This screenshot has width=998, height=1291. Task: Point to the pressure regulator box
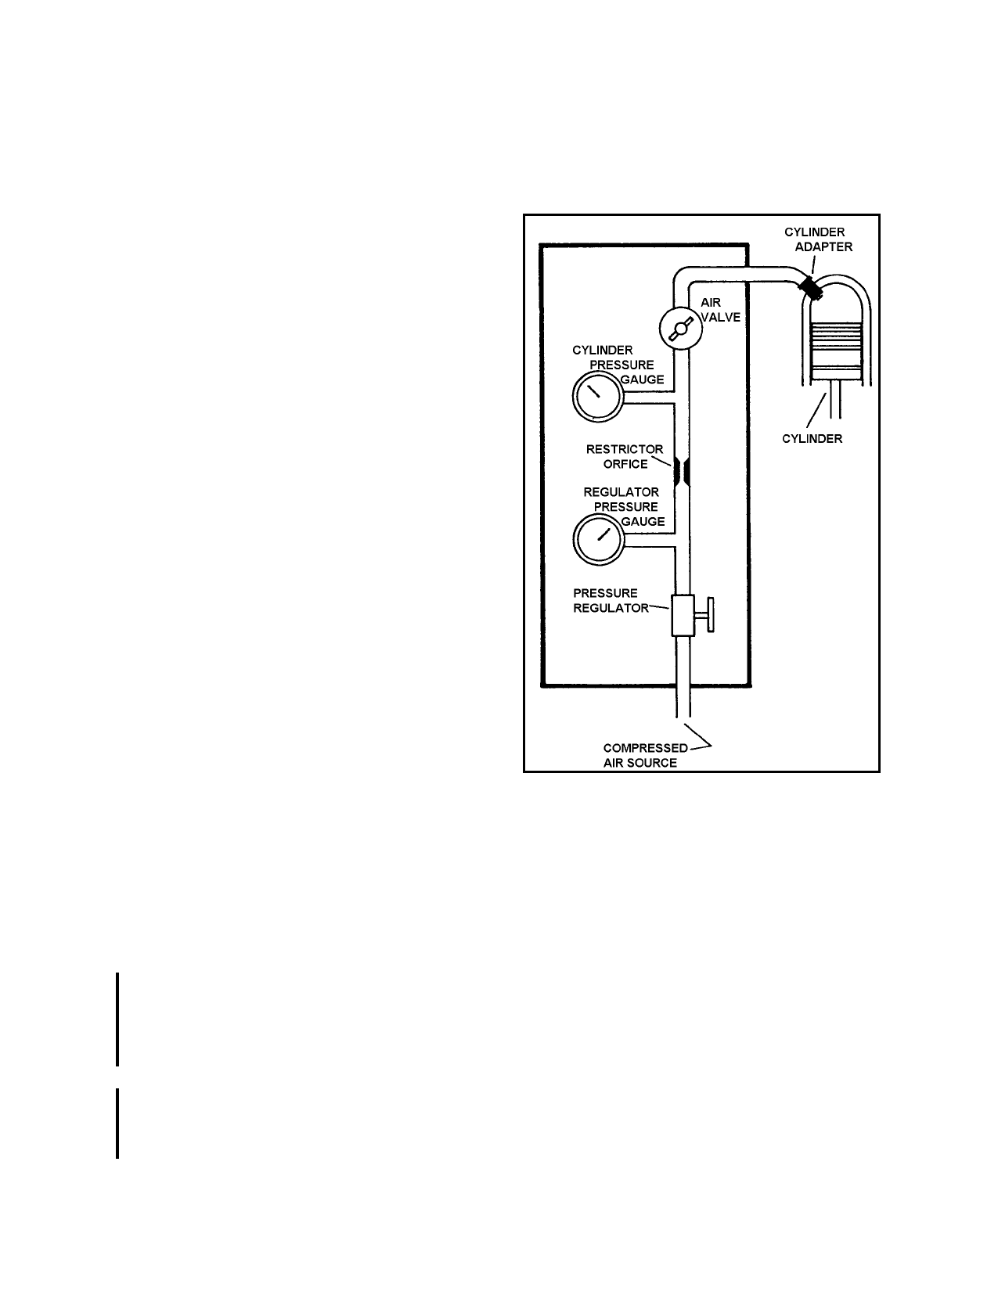pyautogui.click(x=683, y=616)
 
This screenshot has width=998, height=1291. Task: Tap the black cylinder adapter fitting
pyautogui.click(x=810, y=288)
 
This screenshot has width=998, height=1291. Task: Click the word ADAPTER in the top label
pyautogui.click(x=823, y=247)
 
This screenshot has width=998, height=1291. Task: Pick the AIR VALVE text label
pyautogui.click(x=720, y=310)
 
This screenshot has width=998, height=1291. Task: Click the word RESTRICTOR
pyautogui.click(x=624, y=449)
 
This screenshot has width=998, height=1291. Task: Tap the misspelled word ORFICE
pyautogui.click(x=625, y=464)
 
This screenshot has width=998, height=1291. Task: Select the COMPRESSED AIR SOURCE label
pyautogui.click(x=646, y=755)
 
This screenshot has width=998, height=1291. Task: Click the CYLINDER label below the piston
pyautogui.click(x=812, y=438)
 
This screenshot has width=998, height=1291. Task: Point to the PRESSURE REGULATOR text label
pyautogui.click(x=611, y=601)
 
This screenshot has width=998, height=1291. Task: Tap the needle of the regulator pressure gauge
pyautogui.click(x=604, y=534)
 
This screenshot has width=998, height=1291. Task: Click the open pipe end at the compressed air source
pyautogui.click(x=683, y=716)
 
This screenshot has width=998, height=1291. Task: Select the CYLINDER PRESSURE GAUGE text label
pyautogui.click(x=618, y=365)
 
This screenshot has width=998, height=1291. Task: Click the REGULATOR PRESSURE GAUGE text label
pyautogui.click(x=624, y=507)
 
